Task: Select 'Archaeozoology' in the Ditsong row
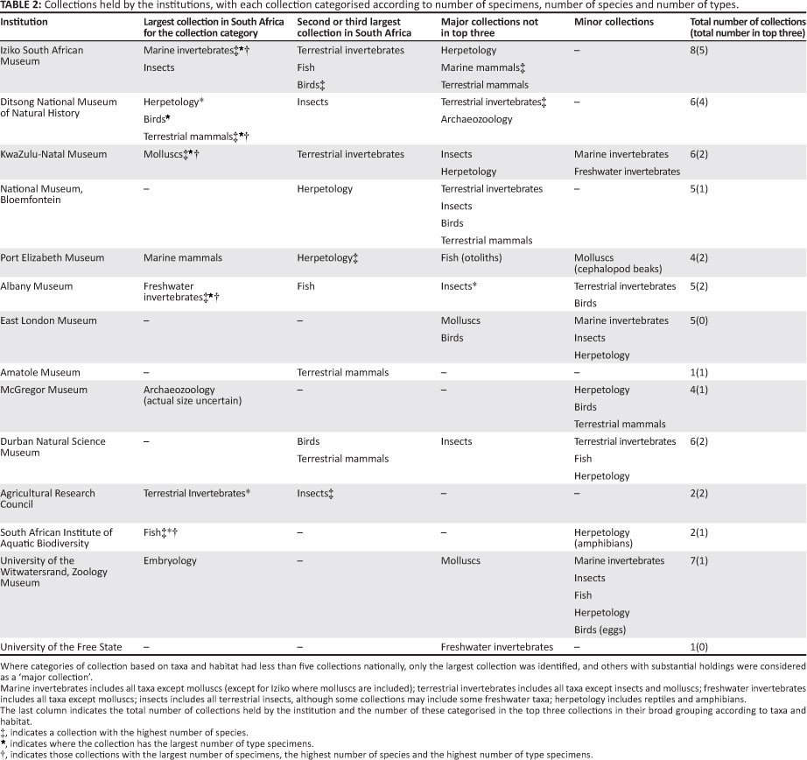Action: click(476, 120)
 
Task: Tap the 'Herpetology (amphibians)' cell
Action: click(605, 538)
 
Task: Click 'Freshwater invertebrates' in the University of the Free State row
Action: click(496, 647)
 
